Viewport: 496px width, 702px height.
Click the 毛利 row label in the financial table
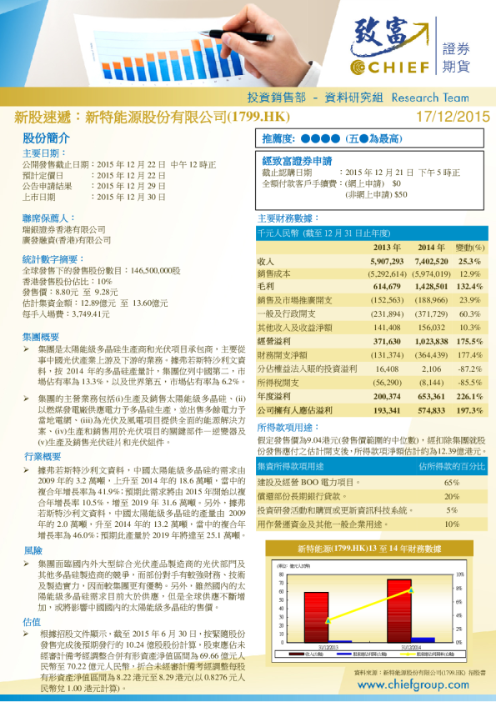click(267, 287)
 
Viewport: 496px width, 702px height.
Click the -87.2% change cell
click(470, 368)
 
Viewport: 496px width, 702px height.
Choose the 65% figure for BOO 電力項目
click(452, 483)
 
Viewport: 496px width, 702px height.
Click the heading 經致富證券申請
click(297, 160)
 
